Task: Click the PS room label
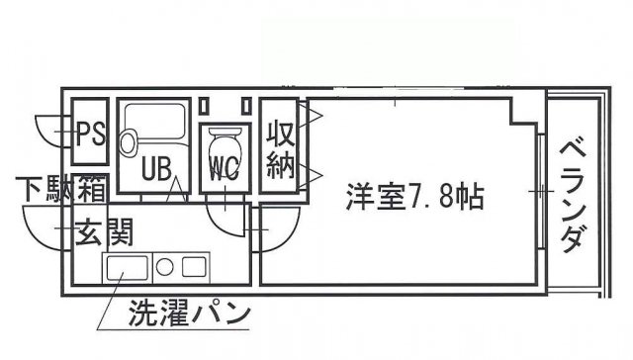click(91, 134)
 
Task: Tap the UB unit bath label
click(156, 168)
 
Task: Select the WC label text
click(225, 169)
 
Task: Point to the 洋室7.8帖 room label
click(414, 197)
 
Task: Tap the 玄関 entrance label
click(104, 232)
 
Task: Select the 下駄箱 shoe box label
click(61, 189)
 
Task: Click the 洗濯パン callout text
click(189, 313)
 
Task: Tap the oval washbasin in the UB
click(129, 142)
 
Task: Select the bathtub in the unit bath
click(154, 121)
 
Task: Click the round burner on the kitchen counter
click(165, 267)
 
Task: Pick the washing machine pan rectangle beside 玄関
click(127, 268)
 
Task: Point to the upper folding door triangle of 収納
click(311, 116)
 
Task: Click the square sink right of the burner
click(194, 267)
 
